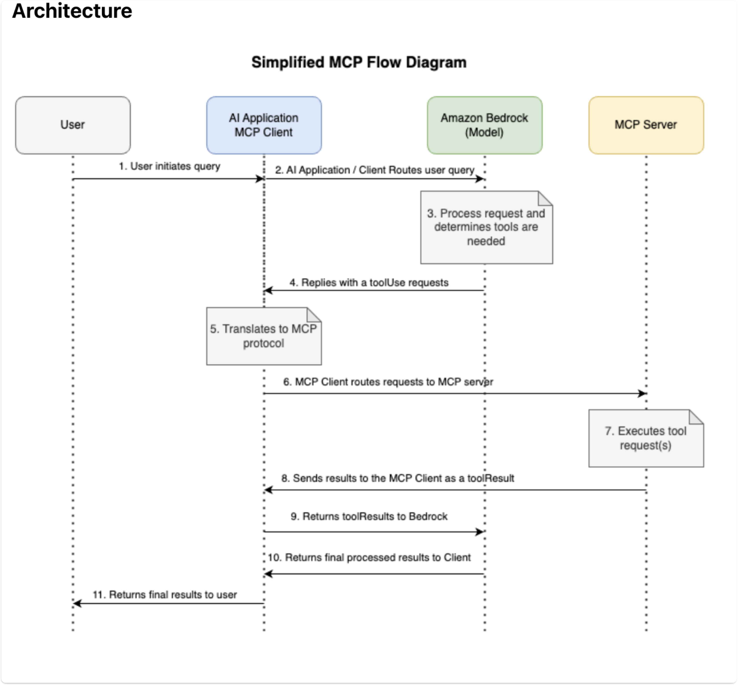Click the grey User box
(x=73, y=125)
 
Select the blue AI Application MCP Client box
(x=264, y=125)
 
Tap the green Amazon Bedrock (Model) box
(x=484, y=125)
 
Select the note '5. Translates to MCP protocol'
(x=263, y=336)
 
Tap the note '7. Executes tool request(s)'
(x=646, y=438)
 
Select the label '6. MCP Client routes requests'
(x=388, y=382)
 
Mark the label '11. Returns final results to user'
(x=165, y=595)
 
